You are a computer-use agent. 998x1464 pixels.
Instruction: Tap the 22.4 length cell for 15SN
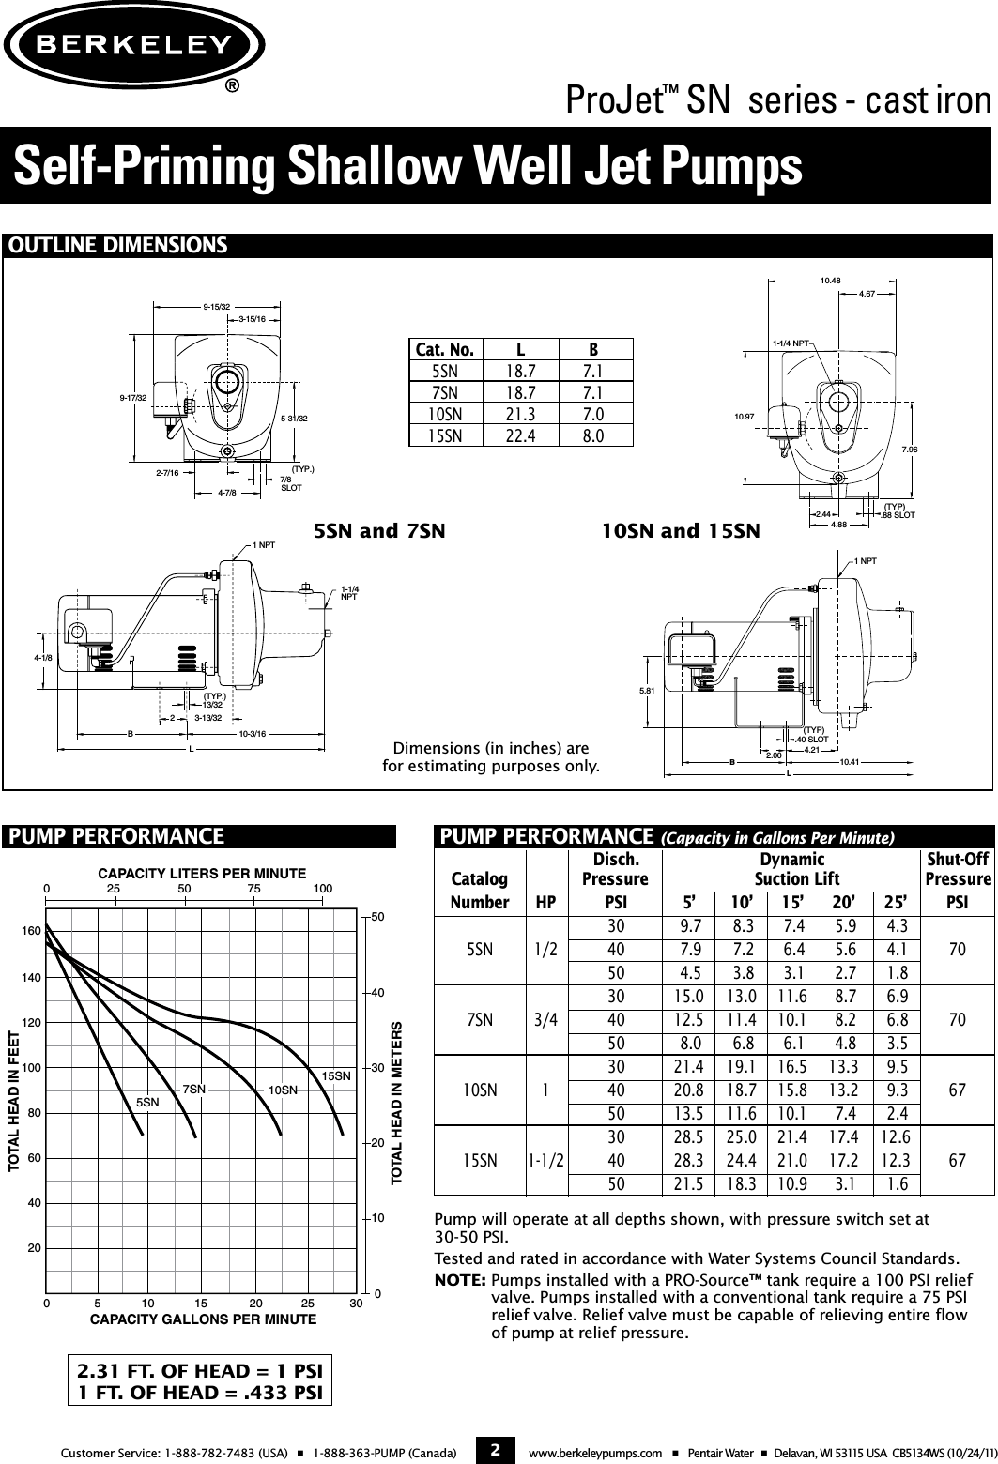(519, 435)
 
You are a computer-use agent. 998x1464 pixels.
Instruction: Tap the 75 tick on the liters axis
(253, 888)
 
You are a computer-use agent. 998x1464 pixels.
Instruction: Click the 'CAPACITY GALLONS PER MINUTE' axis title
(203, 1319)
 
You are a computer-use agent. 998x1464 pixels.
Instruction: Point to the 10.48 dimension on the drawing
(830, 281)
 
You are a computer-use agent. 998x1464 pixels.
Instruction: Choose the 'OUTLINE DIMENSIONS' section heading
(117, 246)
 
